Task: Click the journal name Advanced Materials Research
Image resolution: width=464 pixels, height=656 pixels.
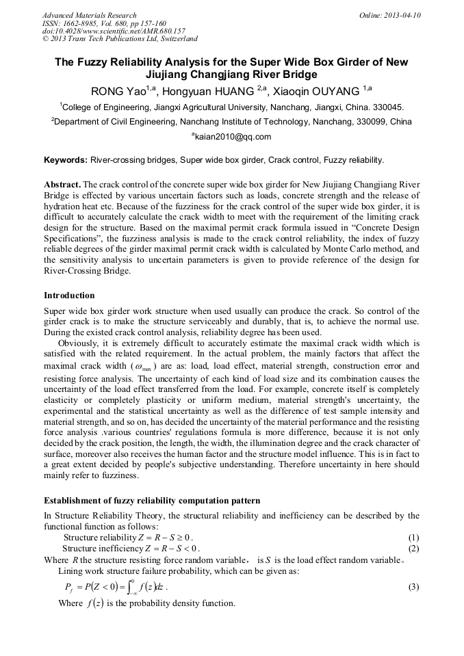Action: coord(89,15)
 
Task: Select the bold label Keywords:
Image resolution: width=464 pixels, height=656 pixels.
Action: coord(66,160)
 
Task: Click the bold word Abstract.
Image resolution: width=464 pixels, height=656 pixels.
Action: coord(62,185)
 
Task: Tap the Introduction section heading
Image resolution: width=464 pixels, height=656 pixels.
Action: coord(69,296)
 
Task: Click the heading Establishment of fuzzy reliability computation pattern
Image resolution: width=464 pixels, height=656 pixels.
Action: coord(152,501)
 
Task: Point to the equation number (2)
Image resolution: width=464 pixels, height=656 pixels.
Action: coord(413,548)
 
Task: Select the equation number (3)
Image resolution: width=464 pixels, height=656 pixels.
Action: coord(413,587)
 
